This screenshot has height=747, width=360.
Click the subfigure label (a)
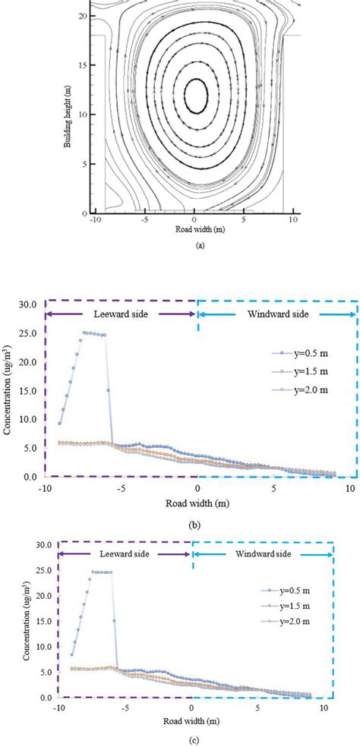click(198, 244)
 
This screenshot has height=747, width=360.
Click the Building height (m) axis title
click(69, 113)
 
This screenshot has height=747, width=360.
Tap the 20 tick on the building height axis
click(83, 15)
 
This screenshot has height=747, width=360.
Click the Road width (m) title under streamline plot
click(196, 229)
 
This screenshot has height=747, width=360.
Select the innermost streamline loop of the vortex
click(197, 96)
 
